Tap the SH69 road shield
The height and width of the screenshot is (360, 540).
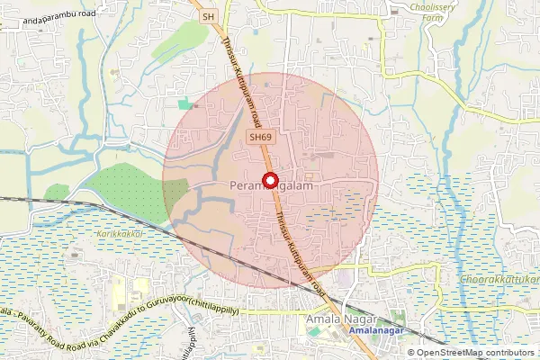pyautogui.click(x=261, y=137)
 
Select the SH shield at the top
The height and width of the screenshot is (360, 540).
pyautogui.click(x=209, y=16)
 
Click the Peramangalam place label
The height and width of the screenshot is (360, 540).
pyautogui.click(x=269, y=185)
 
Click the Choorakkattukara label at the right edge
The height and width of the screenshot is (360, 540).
pyautogui.click(x=500, y=280)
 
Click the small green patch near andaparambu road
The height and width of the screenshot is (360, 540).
pyautogui.click(x=186, y=104)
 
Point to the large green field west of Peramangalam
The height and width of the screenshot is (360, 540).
pyautogui.click(x=135, y=189)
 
